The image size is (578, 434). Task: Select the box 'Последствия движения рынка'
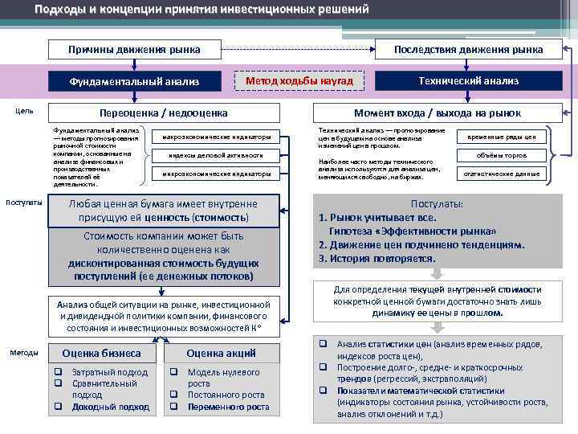468,50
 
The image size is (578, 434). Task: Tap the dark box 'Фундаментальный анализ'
134,81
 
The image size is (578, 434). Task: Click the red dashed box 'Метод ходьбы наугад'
299,80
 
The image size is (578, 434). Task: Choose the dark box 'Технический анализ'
468,81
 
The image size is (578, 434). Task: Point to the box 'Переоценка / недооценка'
163,113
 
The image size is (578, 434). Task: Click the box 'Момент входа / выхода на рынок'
438,113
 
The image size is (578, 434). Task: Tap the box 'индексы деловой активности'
216,154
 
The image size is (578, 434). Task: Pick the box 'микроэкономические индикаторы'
216,174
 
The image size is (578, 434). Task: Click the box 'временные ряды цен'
502,137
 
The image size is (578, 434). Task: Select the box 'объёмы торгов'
502,154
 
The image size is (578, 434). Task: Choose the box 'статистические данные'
502,173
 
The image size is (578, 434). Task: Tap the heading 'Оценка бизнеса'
102,354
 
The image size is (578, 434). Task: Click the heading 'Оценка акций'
221,354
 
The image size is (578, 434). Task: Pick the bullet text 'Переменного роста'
228,407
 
